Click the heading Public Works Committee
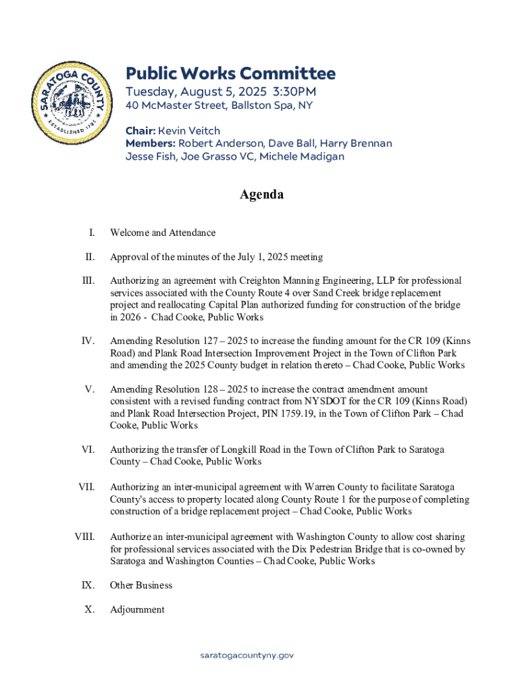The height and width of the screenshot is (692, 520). pyautogui.click(x=230, y=74)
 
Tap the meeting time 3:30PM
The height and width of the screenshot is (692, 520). pyautogui.click(x=294, y=91)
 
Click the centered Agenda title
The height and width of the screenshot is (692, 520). pyautogui.click(x=261, y=195)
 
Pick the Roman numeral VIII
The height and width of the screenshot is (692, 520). pyautogui.click(x=84, y=537)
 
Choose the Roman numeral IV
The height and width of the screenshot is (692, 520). pyautogui.click(x=87, y=341)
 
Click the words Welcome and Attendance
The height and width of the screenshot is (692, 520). pyautogui.click(x=163, y=232)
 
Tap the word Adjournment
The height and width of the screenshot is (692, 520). pyautogui.click(x=137, y=610)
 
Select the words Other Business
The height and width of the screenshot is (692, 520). pyautogui.click(x=141, y=585)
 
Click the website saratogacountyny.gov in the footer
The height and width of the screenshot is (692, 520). pyautogui.click(x=247, y=655)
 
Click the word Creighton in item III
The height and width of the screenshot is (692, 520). pyautogui.click(x=249, y=280)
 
